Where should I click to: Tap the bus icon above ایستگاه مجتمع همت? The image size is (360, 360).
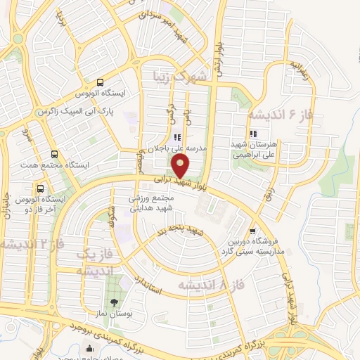54,154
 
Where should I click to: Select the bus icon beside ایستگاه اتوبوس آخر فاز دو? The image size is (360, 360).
41,189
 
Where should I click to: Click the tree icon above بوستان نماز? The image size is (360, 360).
115,283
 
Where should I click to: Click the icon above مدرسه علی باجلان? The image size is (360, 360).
177,137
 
